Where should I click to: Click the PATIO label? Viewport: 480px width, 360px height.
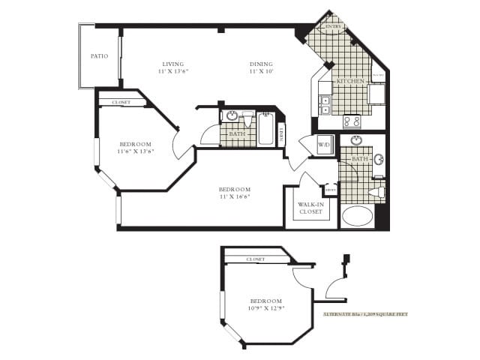click(99, 55)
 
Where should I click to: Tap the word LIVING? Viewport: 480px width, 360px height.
click(172, 64)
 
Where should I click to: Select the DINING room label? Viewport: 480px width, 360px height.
click(261, 64)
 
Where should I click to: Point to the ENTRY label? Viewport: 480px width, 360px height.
click(332, 26)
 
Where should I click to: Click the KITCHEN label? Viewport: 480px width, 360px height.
click(350, 81)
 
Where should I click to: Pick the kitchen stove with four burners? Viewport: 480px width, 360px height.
click(351, 121)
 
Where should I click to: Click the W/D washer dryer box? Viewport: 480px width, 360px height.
click(325, 144)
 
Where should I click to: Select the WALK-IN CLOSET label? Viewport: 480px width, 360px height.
click(310, 208)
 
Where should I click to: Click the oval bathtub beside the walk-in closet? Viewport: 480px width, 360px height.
click(357, 217)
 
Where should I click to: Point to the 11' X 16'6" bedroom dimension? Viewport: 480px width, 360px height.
click(234, 196)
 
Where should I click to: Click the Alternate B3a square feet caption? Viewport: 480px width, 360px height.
click(365, 314)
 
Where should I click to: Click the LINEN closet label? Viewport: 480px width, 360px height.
click(281, 133)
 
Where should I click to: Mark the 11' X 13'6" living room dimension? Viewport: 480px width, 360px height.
click(172, 72)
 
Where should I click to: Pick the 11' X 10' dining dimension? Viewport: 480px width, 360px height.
click(261, 72)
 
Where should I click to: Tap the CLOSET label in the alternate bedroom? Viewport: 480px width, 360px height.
click(256, 259)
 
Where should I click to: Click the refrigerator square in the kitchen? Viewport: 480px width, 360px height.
click(376, 94)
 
